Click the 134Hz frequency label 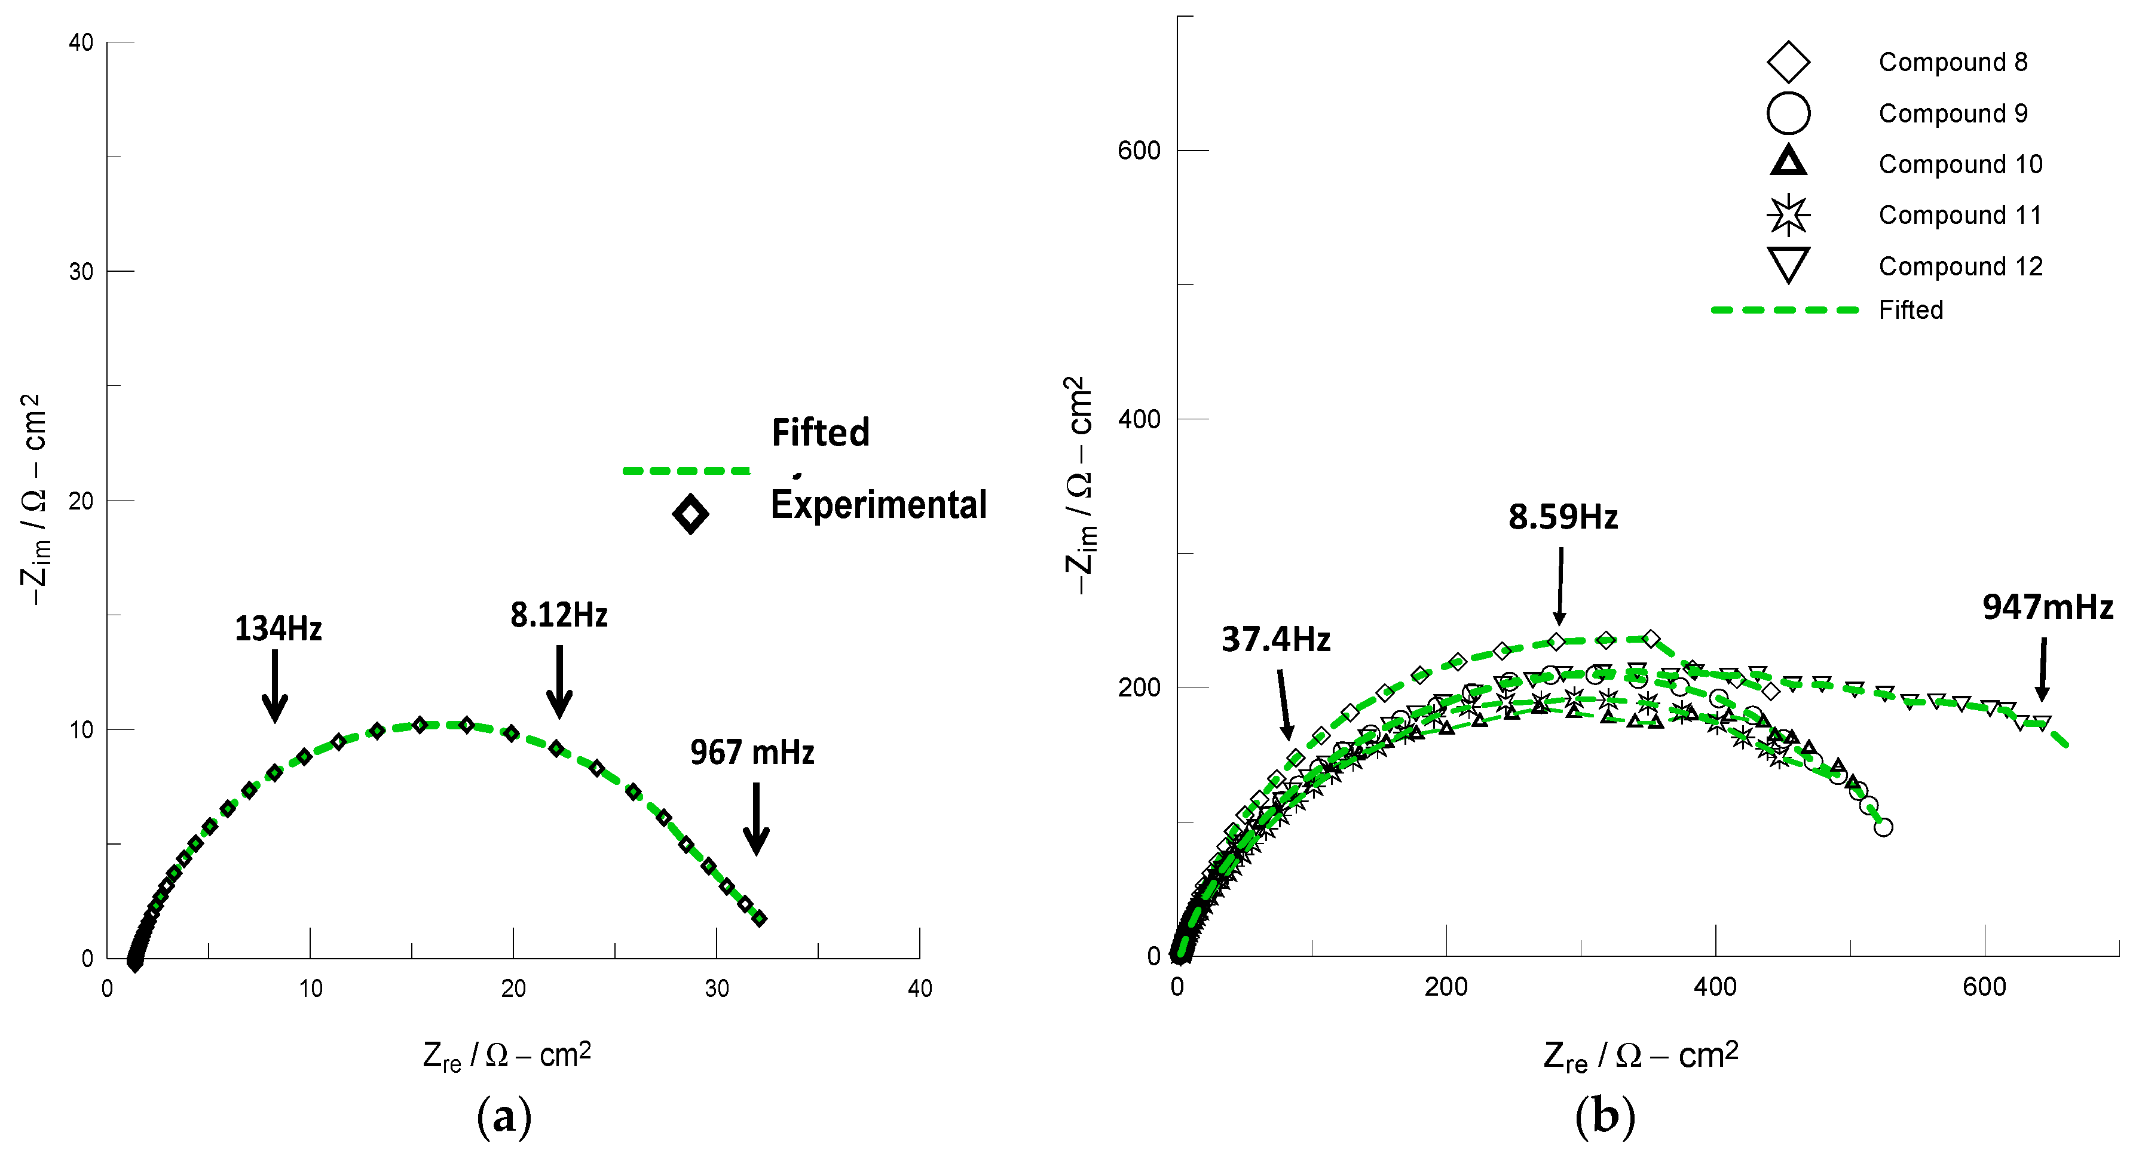[x=278, y=629]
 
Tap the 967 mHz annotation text [x=752, y=753]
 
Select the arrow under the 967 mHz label [x=756, y=819]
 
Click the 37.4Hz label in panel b [x=1275, y=640]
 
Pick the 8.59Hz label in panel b [x=1562, y=518]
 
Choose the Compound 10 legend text [x=1960, y=165]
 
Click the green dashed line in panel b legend [x=1785, y=310]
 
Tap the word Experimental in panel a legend [x=878, y=505]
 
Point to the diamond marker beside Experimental [x=690, y=514]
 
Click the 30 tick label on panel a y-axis [x=81, y=272]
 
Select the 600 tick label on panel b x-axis [x=1984, y=987]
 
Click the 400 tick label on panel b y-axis [x=1139, y=419]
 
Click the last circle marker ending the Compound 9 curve [x=1883, y=827]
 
